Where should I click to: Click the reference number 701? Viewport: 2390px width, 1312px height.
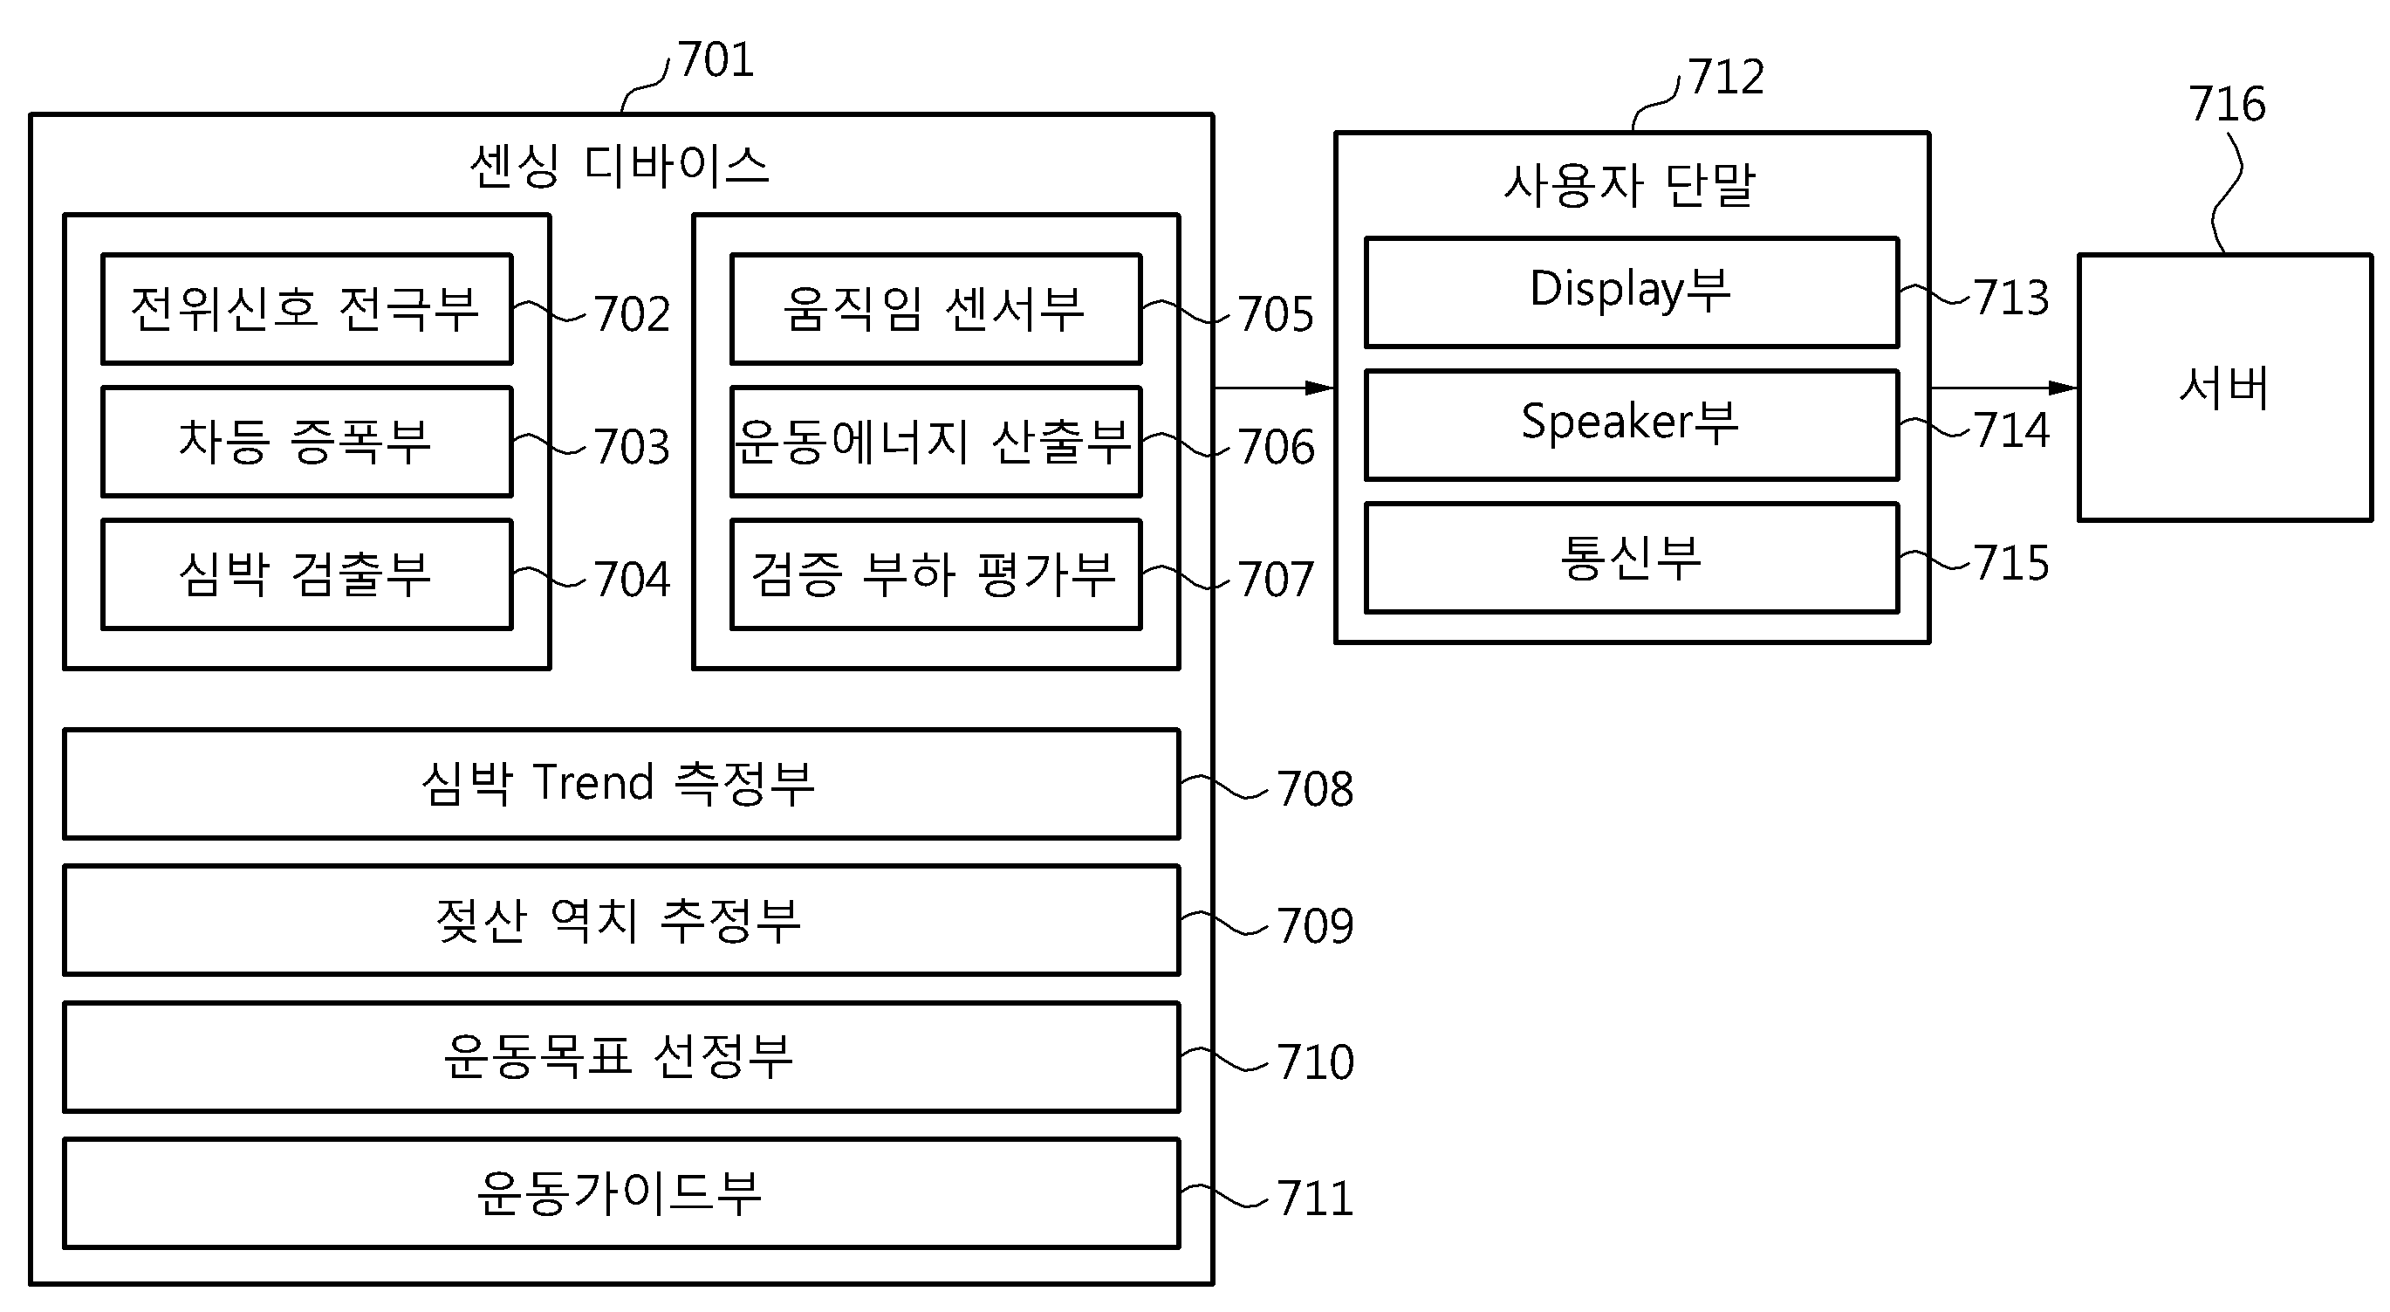(x=716, y=60)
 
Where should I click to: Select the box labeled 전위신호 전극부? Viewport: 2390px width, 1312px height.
(x=306, y=309)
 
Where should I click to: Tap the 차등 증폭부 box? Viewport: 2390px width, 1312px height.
(x=306, y=442)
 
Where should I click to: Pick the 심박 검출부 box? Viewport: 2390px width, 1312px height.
(x=306, y=574)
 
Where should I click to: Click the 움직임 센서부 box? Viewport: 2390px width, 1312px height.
(x=935, y=309)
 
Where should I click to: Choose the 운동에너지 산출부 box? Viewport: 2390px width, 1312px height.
(x=935, y=442)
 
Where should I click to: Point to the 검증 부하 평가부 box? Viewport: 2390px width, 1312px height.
(x=935, y=574)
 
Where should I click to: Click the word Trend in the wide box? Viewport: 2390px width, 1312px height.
(x=593, y=782)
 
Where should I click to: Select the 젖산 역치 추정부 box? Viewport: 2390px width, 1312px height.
(x=621, y=920)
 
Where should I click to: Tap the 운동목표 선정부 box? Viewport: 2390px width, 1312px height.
(x=621, y=1057)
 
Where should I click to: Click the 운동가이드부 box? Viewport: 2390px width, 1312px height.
(x=621, y=1193)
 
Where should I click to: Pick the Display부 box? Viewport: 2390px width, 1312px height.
(x=1632, y=292)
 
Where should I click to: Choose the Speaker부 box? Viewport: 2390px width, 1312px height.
(x=1632, y=425)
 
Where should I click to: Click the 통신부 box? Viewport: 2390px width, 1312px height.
(x=1632, y=558)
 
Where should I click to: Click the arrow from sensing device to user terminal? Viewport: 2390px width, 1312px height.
(x=1274, y=388)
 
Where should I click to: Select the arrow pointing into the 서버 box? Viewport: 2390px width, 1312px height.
(x=2004, y=388)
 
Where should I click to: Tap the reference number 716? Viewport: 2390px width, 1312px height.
(x=2227, y=104)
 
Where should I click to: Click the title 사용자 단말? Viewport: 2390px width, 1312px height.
(x=1630, y=185)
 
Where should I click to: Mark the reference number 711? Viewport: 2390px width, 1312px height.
(x=1315, y=1198)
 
